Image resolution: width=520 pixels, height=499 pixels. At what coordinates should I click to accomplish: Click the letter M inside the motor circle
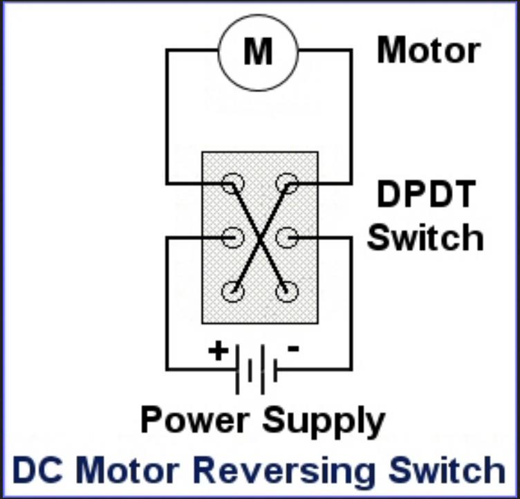(258, 51)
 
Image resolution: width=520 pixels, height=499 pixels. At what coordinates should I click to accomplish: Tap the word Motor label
(428, 51)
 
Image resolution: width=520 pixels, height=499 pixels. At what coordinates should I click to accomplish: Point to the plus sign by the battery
(218, 350)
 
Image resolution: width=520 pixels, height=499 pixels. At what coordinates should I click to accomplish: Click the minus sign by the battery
(292, 349)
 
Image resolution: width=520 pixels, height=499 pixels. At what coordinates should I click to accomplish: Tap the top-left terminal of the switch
(233, 184)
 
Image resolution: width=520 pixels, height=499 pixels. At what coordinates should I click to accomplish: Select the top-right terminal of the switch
(286, 184)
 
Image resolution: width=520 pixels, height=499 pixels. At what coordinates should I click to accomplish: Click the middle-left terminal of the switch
(233, 237)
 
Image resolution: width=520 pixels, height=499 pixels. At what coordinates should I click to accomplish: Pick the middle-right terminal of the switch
(286, 237)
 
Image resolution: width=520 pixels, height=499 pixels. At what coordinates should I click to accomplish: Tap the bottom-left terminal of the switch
(233, 291)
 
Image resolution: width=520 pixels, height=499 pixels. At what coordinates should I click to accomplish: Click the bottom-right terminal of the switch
(286, 291)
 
